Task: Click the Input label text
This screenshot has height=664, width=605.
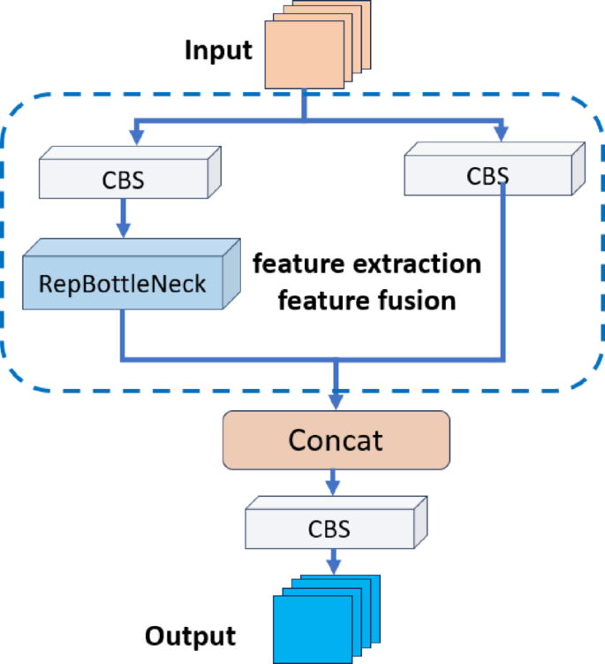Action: point(217,50)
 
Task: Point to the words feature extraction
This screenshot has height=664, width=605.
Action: point(367,263)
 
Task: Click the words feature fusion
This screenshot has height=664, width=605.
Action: point(367,301)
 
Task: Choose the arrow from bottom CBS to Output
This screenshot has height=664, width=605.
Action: point(333,561)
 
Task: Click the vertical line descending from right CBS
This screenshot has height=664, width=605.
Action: point(503,265)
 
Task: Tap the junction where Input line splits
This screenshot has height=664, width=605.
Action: point(303,118)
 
